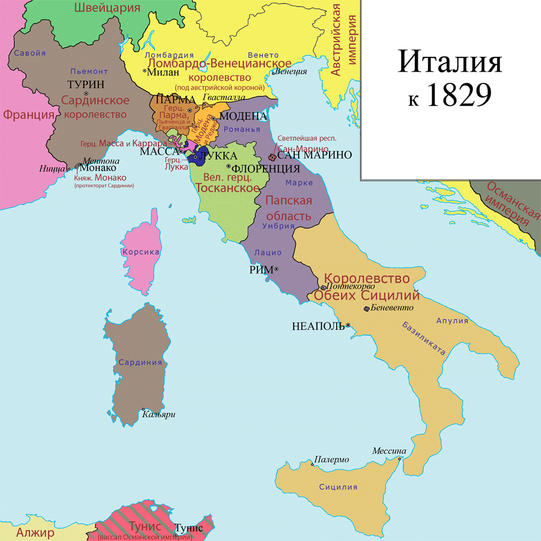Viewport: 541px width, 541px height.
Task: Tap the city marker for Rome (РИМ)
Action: pyautogui.click(x=276, y=269)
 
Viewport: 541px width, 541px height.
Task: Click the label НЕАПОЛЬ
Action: pyautogui.click(x=318, y=326)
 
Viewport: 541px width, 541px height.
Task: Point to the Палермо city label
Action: pyautogui.click(x=331, y=460)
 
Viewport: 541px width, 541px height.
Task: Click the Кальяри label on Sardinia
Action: pyautogui.click(x=159, y=415)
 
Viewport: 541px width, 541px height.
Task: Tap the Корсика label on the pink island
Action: pyautogui.click(x=141, y=252)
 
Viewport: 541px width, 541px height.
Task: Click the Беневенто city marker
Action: pyautogui.click(x=367, y=309)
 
